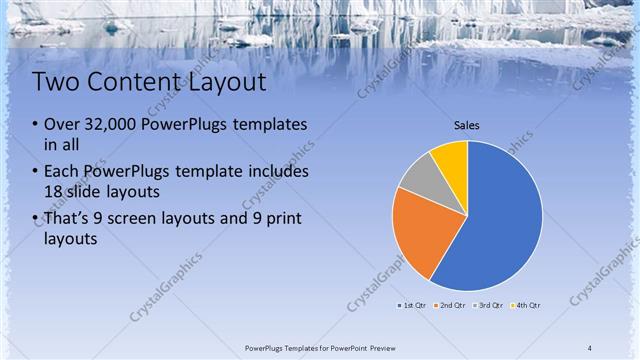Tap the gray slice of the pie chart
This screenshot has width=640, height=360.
419,180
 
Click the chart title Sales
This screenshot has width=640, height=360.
467,126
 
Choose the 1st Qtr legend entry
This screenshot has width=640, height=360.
413,305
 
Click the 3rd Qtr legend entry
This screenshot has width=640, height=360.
489,305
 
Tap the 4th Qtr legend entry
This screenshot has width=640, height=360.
526,305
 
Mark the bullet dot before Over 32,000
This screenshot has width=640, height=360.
34,126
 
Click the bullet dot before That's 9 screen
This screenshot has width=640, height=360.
34,219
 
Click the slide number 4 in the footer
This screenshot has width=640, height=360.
590,347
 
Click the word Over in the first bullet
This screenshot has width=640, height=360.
62,125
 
